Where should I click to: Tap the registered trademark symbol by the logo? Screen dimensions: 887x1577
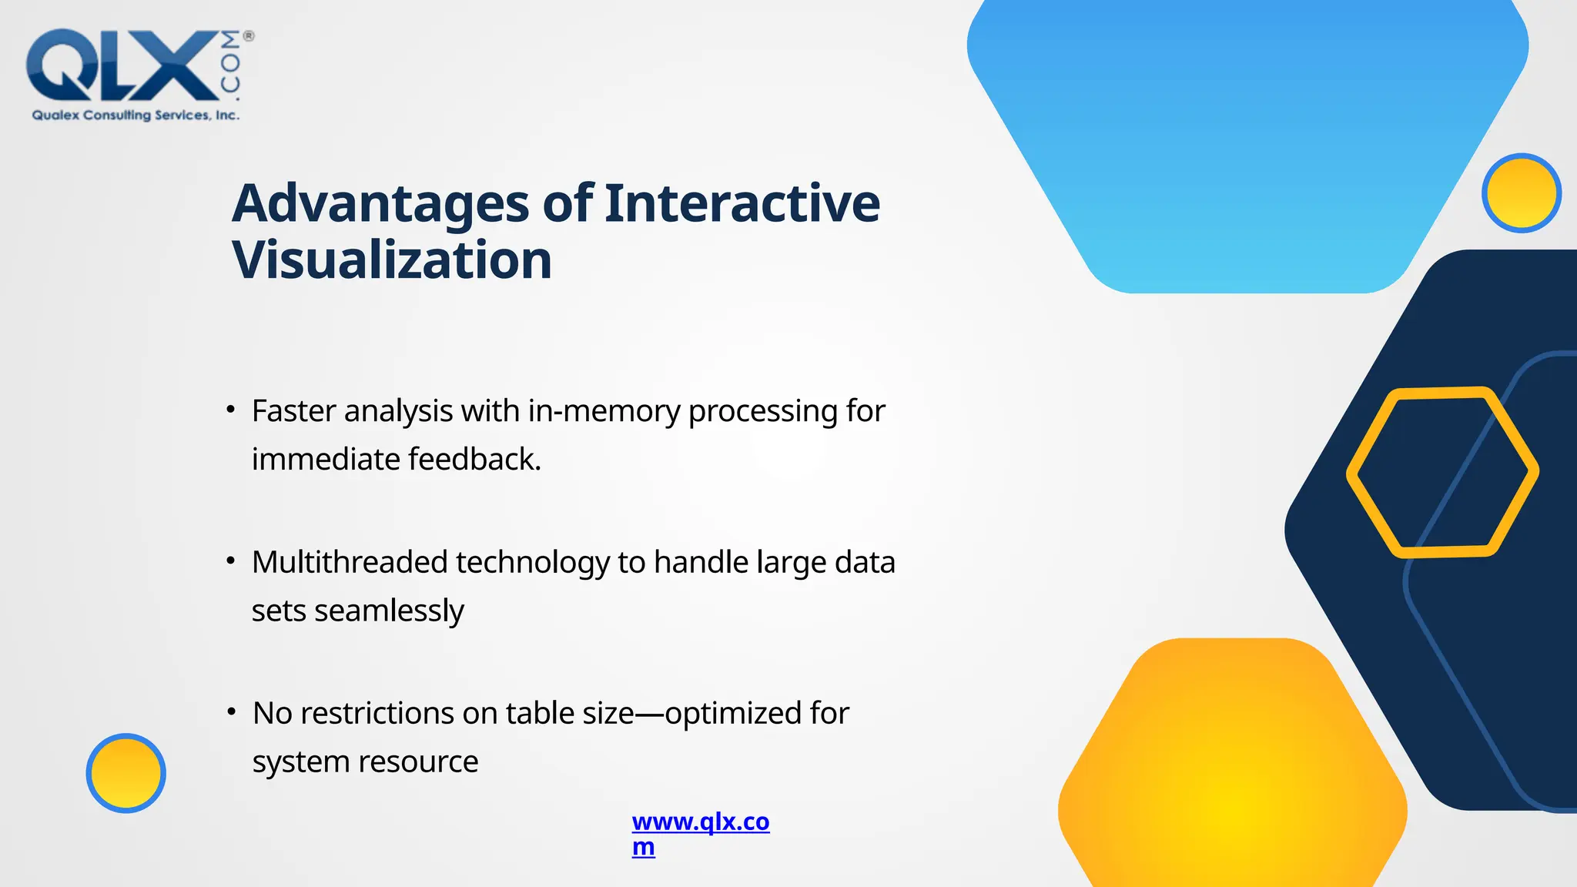[x=249, y=35]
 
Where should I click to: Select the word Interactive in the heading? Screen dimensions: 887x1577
[x=742, y=204]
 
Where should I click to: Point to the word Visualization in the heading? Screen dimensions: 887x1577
[x=392, y=260]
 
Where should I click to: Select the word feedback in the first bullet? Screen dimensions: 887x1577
[x=474, y=460]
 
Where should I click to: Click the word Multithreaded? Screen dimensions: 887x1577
[x=350, y=562]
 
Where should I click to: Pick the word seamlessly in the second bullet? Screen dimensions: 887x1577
[x=389, y=611]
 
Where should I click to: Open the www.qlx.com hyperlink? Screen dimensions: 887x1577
[x=700, y=822]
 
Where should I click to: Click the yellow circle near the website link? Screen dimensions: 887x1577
[x=126, y=773]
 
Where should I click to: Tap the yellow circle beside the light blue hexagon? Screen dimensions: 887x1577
[x=1521, y=193]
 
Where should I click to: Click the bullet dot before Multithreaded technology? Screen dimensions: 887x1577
[x=230, y=561]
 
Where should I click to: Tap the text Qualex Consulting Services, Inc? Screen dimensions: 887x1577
[x=136, y=115]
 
